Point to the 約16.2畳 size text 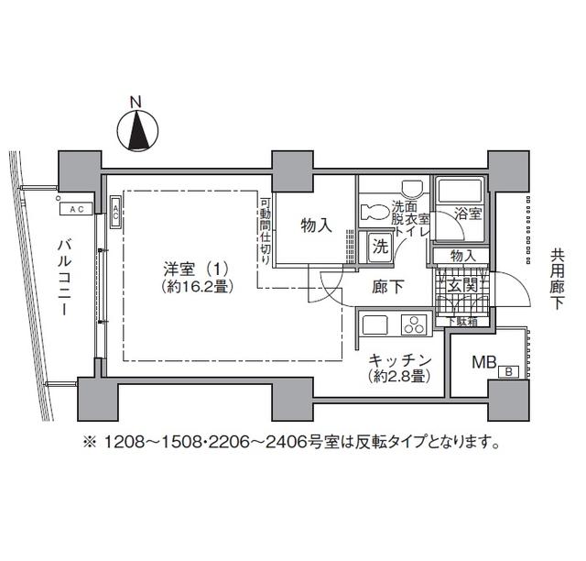(194, 286)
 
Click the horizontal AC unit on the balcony (77, 208)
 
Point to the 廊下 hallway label (387, 287)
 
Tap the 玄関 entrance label (462, 287)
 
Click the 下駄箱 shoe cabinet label (461, 320)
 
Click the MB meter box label (483, 361)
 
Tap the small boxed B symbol (507, 371)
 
